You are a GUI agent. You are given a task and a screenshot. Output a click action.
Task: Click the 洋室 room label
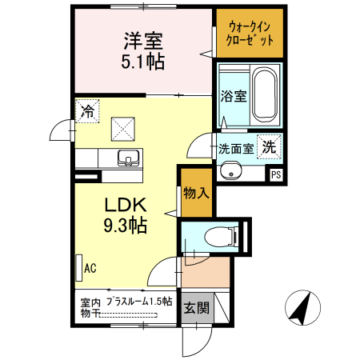point(144,40)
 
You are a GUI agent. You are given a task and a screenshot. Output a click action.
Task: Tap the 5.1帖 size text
point(144,61)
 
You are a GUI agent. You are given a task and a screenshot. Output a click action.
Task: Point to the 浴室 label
point(233,95)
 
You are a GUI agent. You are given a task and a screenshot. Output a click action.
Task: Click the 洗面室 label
point(236,148)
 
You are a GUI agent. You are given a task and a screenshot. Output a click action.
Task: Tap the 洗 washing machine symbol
point(271,147)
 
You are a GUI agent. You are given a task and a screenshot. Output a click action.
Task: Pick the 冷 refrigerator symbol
point(86,111)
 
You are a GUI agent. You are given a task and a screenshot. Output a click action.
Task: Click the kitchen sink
point(126,157)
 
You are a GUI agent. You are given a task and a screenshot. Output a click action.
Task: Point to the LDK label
point(122,206)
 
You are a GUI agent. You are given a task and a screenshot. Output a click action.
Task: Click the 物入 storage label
point(196,193)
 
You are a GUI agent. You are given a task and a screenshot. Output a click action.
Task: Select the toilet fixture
point(216,237)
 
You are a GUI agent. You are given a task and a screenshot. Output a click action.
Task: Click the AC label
point(90,267)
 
